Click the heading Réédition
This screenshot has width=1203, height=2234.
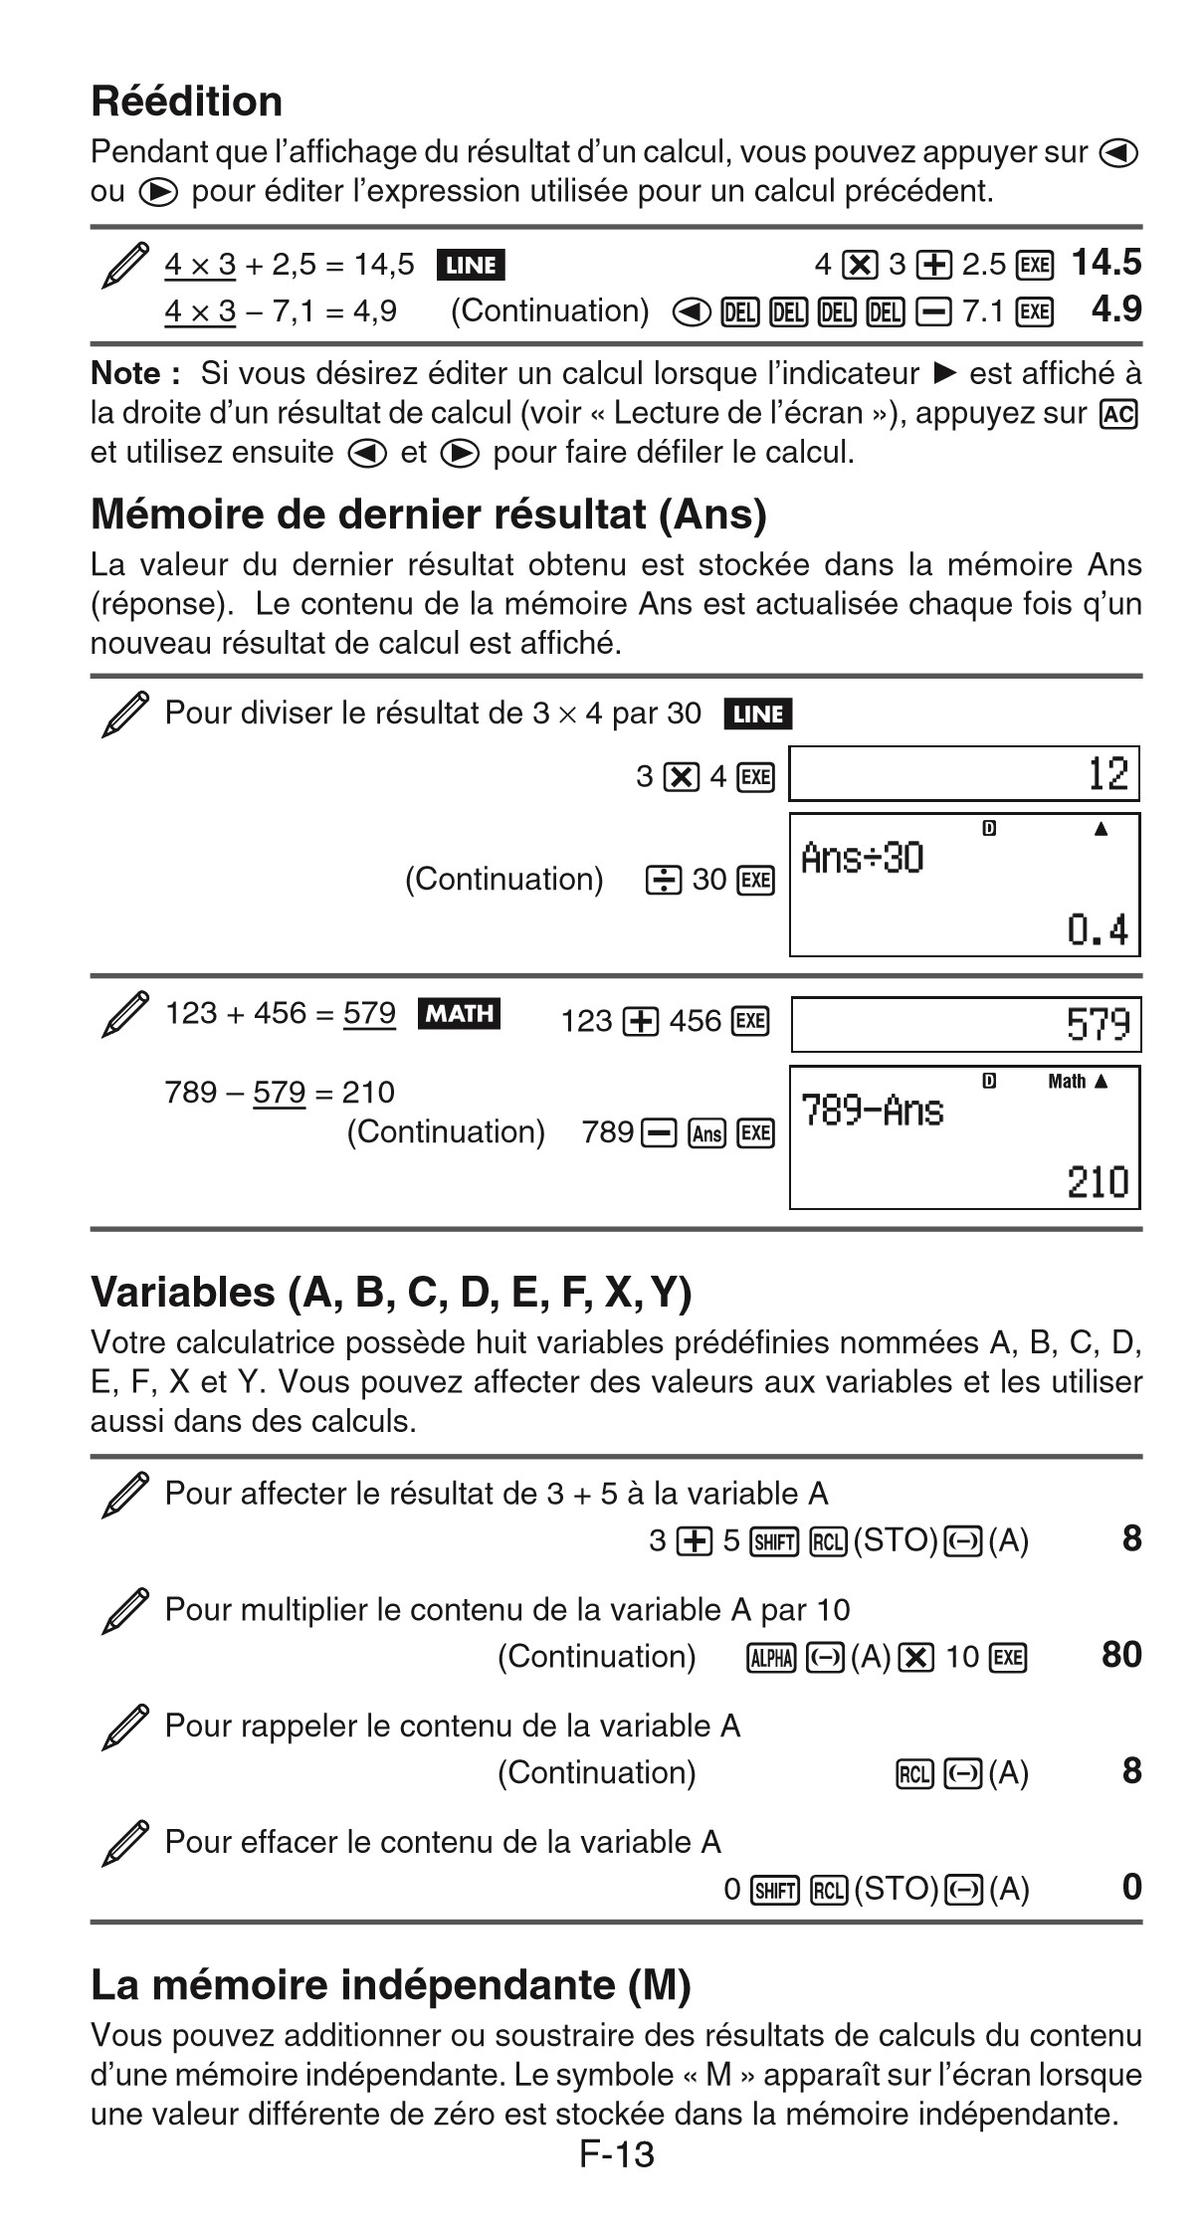186,102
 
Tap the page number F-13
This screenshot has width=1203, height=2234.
617,2154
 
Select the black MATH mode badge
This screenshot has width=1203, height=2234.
459,1013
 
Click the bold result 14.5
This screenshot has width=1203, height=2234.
1105,263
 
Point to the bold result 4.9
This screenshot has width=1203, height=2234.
1115,309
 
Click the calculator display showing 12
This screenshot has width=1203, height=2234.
963,773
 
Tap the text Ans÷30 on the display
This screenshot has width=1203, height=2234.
862,858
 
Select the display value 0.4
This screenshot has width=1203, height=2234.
1098,930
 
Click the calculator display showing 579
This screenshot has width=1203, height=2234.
965,1024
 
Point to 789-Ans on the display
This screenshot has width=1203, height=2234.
872,1110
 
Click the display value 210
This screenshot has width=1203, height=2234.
1098,1182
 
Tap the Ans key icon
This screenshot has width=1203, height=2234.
706,1133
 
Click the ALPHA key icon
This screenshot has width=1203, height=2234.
771,1657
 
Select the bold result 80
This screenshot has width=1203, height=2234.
1120,1655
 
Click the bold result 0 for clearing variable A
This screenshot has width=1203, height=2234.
1131,1887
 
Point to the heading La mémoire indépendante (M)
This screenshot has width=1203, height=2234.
390,1984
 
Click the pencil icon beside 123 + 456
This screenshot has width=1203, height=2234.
125,1014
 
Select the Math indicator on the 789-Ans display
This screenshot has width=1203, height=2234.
1066,1082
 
